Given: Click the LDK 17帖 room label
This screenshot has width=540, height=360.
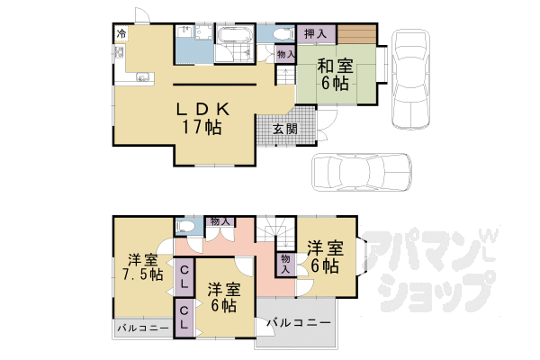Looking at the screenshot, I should pos(200,117).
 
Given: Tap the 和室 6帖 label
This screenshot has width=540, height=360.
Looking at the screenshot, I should pos(334,74).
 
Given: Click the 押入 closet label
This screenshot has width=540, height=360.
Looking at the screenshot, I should pos(314,34).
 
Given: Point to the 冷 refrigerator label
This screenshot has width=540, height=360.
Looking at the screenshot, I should pos(121,34).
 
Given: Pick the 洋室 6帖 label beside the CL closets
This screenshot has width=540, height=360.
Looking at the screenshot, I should pos(222,298).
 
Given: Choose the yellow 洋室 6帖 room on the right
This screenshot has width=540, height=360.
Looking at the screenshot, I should pos(324,256).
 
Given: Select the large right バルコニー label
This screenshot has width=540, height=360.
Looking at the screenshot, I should pos(298,322).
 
